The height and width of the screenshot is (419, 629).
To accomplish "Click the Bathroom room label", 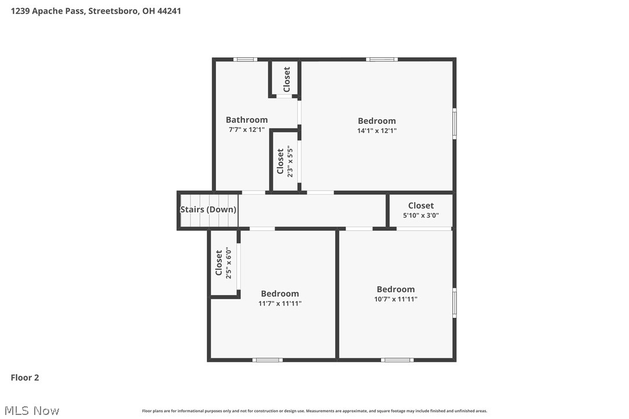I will click(x=247, y=120).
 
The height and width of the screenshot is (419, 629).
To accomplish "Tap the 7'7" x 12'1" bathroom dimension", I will click(x=247, y=130).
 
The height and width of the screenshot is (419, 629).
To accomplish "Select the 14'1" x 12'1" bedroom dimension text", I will click(x=377, y=131).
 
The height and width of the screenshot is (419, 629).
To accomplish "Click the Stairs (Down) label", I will click(x=209, y=209).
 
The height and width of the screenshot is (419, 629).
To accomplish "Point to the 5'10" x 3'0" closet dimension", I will click(x=420, y=215).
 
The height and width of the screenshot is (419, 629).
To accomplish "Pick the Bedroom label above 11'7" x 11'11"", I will click(x=280, y=293).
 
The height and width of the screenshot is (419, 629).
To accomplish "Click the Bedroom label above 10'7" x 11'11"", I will click(x=396, y=289).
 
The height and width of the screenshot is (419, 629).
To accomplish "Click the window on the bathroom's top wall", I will click(x=245, y=59).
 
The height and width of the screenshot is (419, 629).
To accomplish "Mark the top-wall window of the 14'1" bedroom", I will click(x=382, y=59).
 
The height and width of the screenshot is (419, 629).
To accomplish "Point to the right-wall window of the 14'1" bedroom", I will click(x=454, y=123).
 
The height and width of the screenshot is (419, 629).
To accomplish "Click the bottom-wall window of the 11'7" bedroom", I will click(x=268, y=360).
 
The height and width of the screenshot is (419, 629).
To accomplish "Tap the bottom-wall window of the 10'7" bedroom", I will click(x=397, y=360).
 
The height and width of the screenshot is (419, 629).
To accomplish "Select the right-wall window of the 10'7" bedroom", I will click(x=454, y=303).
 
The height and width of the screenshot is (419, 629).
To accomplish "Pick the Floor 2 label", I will click(x=25, y=377).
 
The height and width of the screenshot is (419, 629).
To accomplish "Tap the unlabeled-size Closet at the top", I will click(x=287, y=79).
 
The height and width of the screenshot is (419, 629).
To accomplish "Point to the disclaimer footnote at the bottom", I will click(x=314, y=411).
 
